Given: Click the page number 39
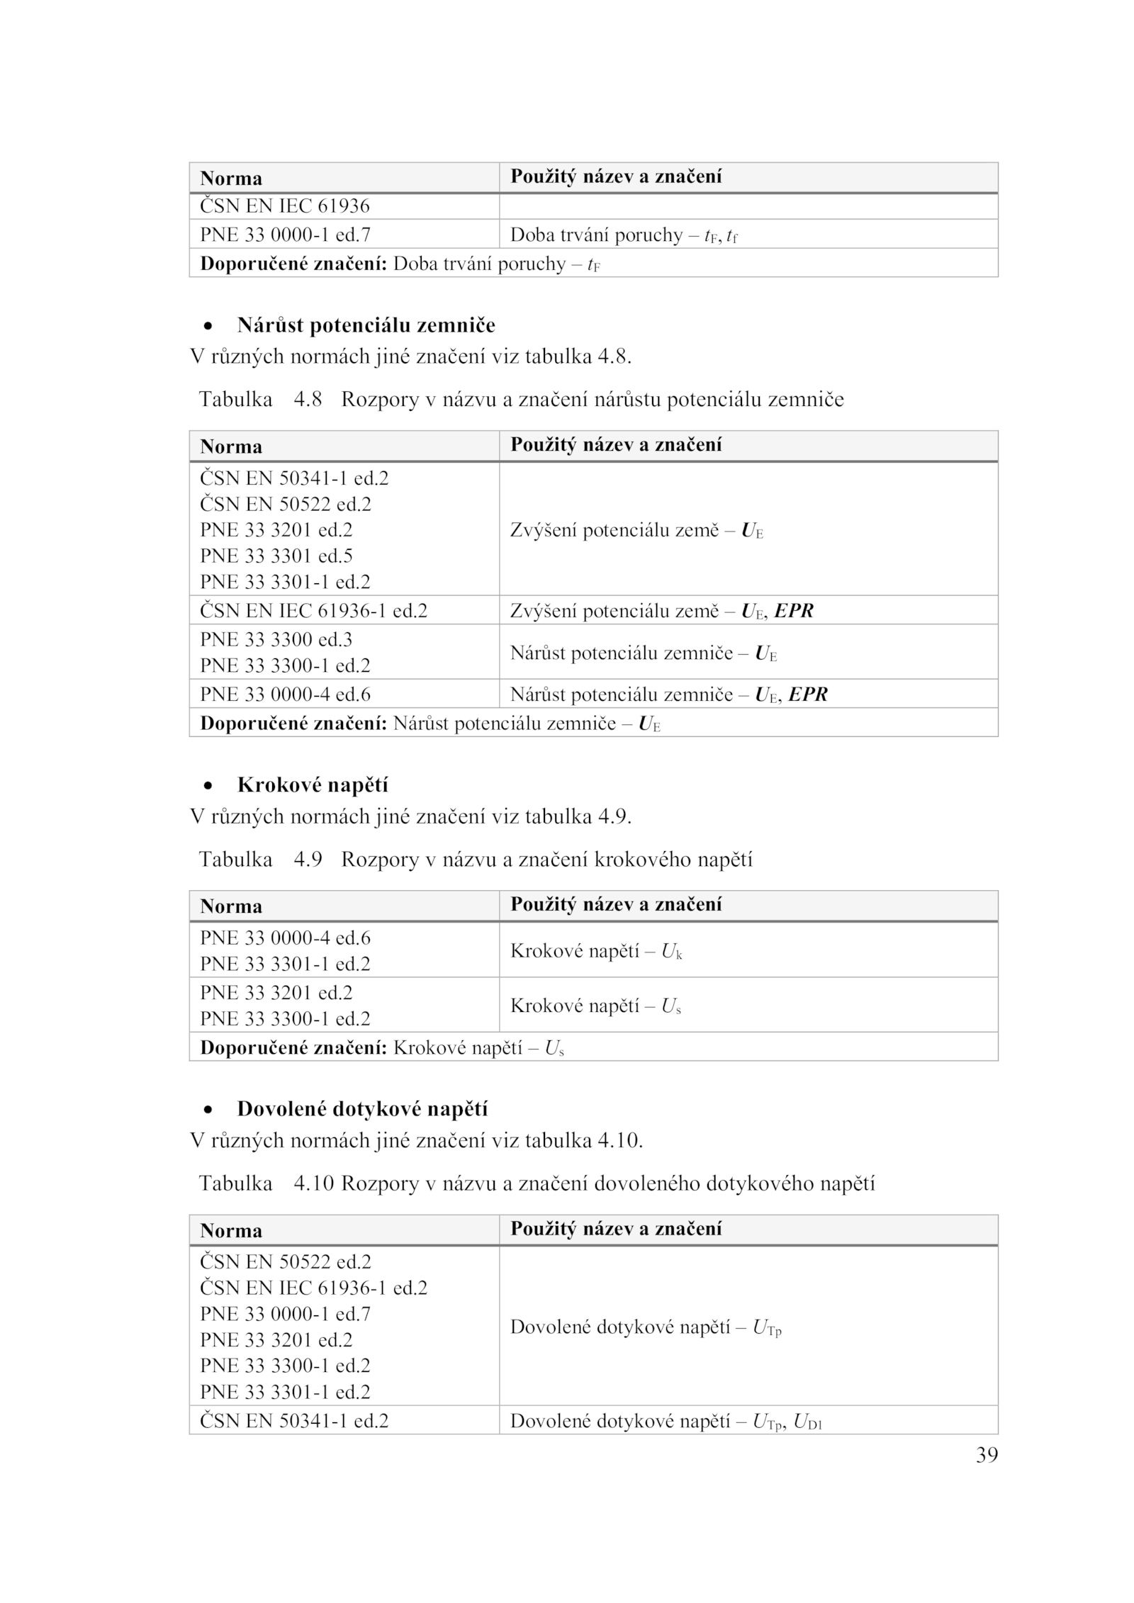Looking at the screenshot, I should (987, 1455).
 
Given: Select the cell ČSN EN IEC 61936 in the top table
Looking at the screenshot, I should (285, 206).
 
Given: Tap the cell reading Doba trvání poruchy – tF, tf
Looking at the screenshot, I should (624, 235).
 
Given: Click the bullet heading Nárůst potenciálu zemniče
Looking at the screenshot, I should (366, 325).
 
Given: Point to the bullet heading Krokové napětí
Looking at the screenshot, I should (313, 785).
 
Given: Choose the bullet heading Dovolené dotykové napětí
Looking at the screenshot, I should (362, 1109).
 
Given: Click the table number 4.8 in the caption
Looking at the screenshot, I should (308, 400).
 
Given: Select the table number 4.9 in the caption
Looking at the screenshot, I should (308, 860).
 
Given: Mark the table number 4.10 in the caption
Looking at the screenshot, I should (313, 1183).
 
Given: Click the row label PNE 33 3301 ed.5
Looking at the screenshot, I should (276, 556).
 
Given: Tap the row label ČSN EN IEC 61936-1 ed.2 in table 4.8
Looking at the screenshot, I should (313, 611).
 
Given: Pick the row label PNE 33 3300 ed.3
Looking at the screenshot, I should (276, 639).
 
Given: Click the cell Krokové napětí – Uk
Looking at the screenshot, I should (596, 951).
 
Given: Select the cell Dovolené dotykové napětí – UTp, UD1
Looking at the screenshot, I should (666, 1421).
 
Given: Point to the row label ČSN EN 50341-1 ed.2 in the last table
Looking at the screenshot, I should (294, 1421).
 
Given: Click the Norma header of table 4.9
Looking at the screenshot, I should (231, 906).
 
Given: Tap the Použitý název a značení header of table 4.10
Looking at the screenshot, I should (616, 1228).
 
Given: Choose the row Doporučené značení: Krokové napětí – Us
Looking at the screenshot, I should (382, 1047).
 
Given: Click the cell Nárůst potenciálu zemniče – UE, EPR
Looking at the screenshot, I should (668, 694).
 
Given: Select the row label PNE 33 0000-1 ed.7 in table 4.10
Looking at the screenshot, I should (285, 1314).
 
